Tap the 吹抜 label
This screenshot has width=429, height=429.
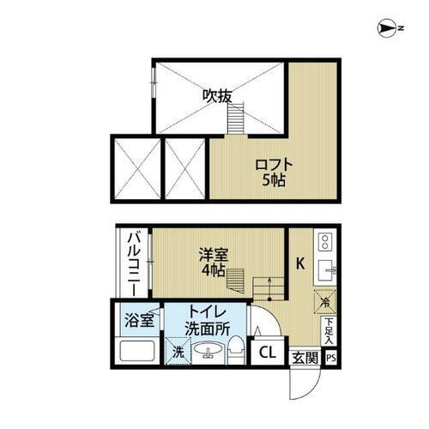tap(217, 96)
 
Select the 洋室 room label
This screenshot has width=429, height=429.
tap(214, 255)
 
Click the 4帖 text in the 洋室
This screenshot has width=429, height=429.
tap(214, 270)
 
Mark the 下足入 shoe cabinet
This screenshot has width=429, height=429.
tap(329, 330)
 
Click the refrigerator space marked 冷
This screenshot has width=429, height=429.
tap(325, 302)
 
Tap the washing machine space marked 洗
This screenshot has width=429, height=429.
tap(178, 352)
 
